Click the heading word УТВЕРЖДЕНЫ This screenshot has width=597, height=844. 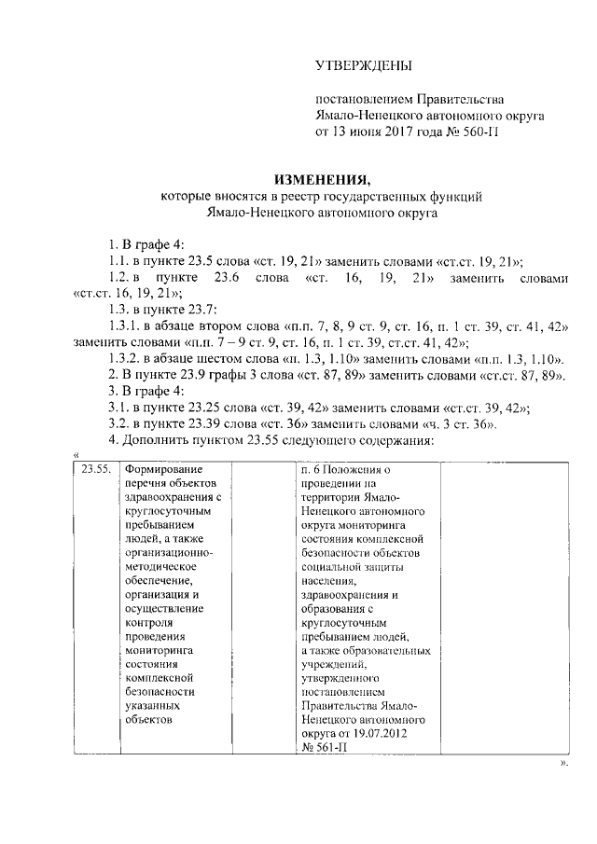click(x=363, y=65)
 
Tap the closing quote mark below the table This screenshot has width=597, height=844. click(x=563, y=763)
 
